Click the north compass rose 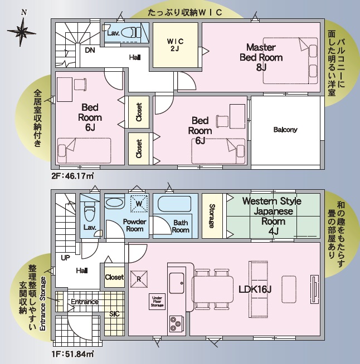point(22,31)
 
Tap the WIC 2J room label point(175,45)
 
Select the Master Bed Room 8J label point(261,57)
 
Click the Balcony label point(285,130)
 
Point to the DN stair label point(90,50)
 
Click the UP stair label point(65,258)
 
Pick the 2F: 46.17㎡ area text point(73,176)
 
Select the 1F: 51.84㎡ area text point(73,354)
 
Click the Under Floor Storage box point(157,302)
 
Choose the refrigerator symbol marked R point(139,279)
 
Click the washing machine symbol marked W point(139,204)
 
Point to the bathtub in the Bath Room point(174,204)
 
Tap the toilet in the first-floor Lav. point(90,211)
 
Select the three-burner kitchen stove point(175,323)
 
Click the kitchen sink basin point(178,283)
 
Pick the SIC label point(114,314)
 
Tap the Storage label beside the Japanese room point(212,216)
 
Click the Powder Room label point(134,225)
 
